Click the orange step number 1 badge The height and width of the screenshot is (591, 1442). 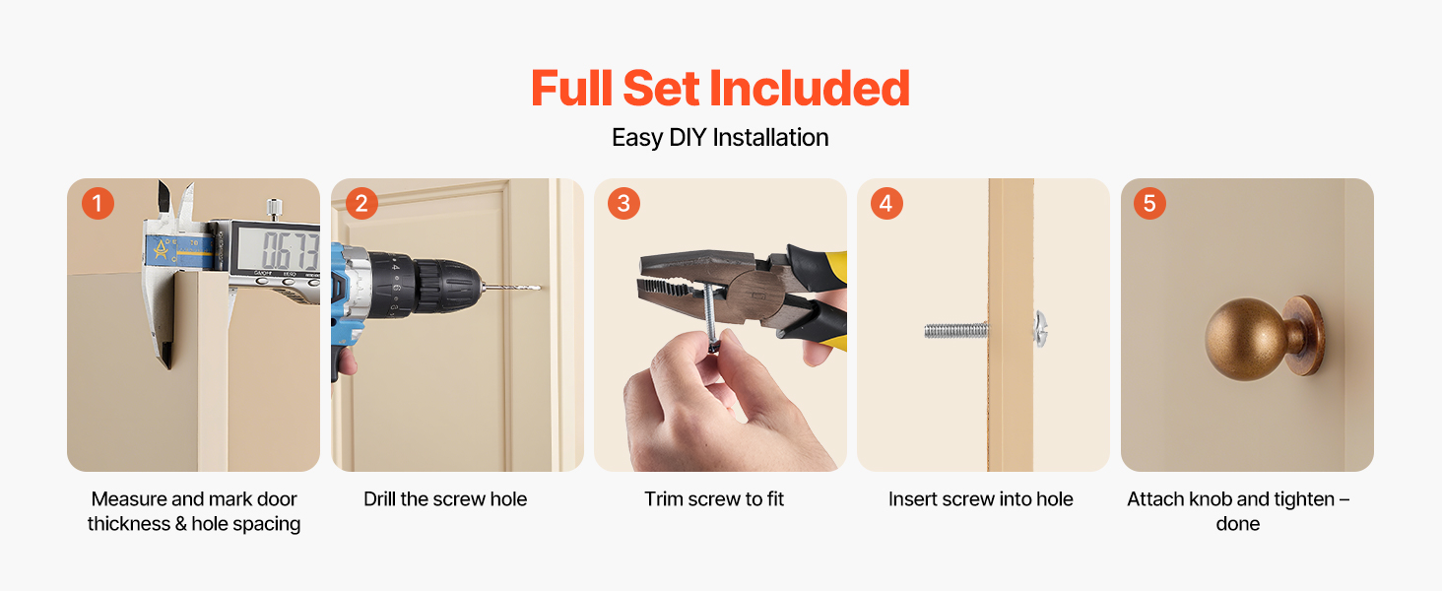98,204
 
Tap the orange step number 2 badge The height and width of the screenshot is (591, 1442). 361,204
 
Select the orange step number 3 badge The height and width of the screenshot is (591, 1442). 623,204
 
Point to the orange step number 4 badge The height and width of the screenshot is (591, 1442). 886,204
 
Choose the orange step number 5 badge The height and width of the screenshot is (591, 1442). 1149,204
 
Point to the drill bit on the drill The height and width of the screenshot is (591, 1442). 512,288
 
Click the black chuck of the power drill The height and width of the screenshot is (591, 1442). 444,287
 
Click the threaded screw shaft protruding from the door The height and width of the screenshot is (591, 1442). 956,330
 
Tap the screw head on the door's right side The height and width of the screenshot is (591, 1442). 1040,329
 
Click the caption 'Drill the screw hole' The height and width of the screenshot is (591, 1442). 445,499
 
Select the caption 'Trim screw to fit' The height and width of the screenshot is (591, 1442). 714,499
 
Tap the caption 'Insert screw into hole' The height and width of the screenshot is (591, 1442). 980,499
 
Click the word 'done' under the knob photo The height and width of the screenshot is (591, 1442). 1237,523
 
